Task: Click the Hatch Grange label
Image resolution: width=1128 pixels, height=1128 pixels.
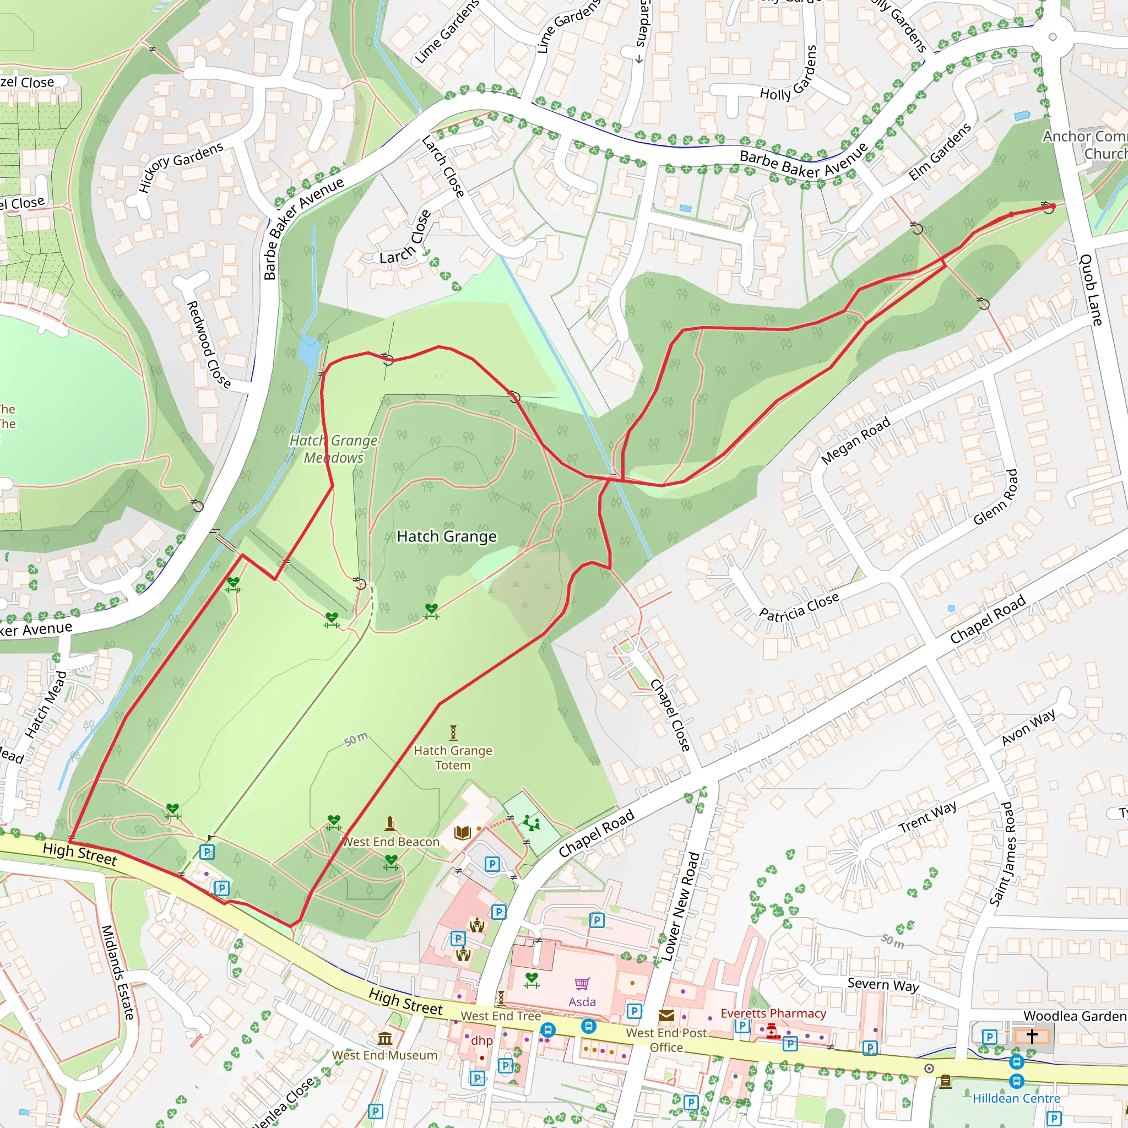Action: pyautogui.click(x=447, y=536)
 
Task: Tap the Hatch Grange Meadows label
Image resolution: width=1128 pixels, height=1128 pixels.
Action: pyautogui.click(x=333, y=449)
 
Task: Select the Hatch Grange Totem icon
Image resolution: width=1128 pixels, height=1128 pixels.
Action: pyautogui.click(x=453, y=732)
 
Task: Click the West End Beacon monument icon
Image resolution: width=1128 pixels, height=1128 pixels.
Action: pyautogui.click(x=390, y=824)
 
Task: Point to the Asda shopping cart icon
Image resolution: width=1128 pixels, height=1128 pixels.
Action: pyautogui.click(x=582, y=984)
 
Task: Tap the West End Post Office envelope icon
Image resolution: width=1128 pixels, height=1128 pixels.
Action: pyautogui.click(x=666, y=1015)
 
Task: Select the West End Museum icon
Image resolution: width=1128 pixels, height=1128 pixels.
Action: pyautogui.click(x=385, y=1039)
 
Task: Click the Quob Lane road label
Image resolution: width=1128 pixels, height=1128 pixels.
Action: pyautogui.click(x=1090, y=290)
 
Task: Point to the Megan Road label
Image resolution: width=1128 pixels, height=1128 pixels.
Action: pyautogui.click(x=855, y=440)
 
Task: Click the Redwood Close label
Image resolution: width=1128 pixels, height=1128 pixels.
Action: pyautogui.click(x=208, y=344)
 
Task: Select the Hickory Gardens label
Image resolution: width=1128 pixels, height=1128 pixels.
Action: pyautogui.click(x=181, y=167)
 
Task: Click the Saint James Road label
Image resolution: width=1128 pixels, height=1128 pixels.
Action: pyautogui.click(x=1002, y=854)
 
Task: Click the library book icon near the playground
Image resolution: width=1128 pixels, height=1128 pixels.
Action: pyautogui.click(x=463, y=832)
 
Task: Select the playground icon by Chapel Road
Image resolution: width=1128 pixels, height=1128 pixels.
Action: pyautogui.click(x=532, y=823)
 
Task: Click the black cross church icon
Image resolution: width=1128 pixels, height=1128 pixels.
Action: pyautogui.click(x=1032, y=1037)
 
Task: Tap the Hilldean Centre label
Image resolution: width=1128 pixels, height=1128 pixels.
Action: pyautogui.click(x=1016, y=1098)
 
